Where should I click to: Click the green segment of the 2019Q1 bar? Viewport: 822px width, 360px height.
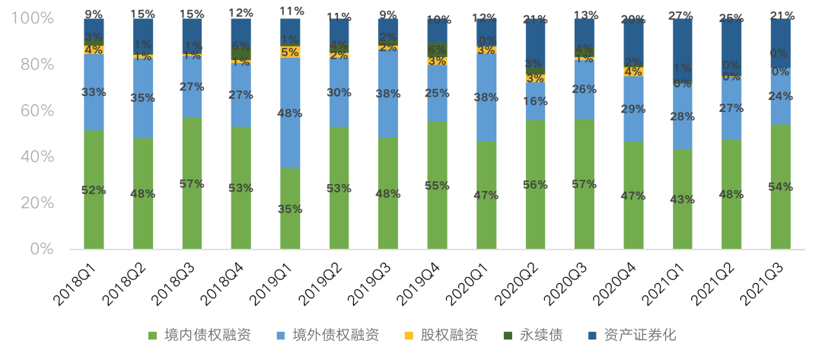click(x=290, y=209)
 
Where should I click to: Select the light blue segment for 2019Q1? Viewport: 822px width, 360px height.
click(x=290, y=113)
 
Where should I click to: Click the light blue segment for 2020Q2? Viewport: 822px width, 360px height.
click(x=535, y=101)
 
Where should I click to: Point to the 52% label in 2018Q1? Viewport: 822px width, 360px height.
click(x=94, y=190)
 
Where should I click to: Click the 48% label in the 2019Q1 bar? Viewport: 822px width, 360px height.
click(x=291, y=113)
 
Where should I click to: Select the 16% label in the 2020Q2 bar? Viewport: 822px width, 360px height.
click(x=535, y=101)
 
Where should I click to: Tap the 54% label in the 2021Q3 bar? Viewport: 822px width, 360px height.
click(x=780, y=187)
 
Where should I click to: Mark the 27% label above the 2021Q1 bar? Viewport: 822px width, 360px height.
click(x=683, y=14)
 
